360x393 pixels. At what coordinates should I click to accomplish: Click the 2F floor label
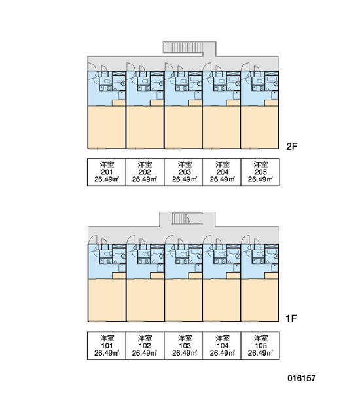[292, 146]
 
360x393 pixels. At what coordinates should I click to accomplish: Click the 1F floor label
[291, 318]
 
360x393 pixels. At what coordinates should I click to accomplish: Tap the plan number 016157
[302, 378]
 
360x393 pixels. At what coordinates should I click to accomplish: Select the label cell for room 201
[107, 172]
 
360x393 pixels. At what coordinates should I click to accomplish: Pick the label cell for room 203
[183, 172]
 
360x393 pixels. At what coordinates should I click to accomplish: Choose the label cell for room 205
[260, 172]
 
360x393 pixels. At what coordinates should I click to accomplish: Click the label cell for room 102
[145, 346]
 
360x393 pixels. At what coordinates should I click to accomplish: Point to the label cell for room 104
[222, 346]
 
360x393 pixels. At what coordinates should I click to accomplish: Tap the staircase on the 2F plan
[183, 47]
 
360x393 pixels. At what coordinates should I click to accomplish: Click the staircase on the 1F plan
[181, 219]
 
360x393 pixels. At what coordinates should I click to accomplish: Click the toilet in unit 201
[106, 81]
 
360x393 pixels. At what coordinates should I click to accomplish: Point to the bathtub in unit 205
[272, 79]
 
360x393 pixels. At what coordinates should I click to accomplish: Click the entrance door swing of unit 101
[92, 240]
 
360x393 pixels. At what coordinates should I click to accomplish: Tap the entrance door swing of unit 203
[169, 67]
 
